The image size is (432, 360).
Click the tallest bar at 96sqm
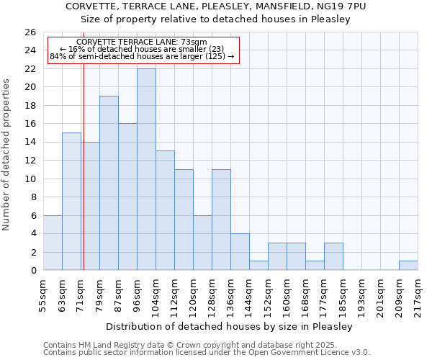(x=146, y=169)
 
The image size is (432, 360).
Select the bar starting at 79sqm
(x=109, y=183)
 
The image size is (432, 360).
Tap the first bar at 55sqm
(x=53, y=243)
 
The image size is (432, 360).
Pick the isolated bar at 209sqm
(x=408, y=265)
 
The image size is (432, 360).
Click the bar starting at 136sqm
(x=240, y=252)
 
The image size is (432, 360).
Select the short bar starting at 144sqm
(x=258, y=265)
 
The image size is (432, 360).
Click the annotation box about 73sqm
(x=142, y=50)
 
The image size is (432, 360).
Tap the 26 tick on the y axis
(x=30, y=32)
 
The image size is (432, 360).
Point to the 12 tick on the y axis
(x=30, y=161)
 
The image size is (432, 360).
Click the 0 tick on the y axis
(x=33, y=271)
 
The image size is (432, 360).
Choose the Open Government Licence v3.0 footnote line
(x=207, y=353)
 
